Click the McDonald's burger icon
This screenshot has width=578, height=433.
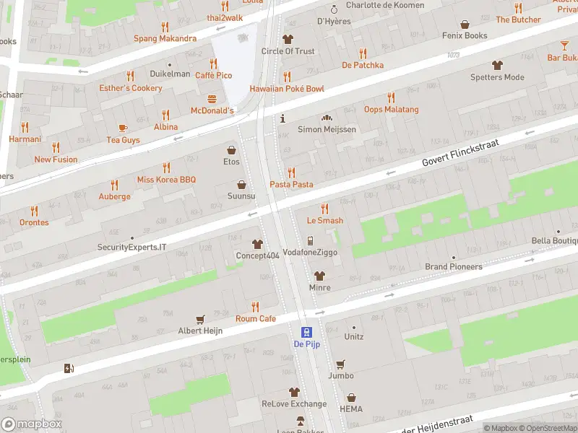[212, 98]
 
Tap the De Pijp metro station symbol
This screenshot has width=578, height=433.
[306, 332]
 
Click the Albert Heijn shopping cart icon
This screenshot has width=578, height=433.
[201, 319]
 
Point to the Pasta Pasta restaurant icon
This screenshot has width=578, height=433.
[291, 172]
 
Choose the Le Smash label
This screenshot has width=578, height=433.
[324, 221]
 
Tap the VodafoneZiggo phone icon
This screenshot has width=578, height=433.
[310, 241]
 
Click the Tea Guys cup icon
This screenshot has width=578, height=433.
[123, 128]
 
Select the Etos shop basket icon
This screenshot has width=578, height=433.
[231, 150]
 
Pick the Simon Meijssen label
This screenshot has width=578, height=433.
[327, 129]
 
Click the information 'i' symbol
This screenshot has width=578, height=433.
[282, 118]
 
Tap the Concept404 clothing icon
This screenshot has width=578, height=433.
[257, 244]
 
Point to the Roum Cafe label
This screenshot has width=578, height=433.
[255, 318]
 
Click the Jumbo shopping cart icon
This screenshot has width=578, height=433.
[340, 364]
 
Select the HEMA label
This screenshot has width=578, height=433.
[351, 409]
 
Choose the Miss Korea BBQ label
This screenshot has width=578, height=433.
[166, 179]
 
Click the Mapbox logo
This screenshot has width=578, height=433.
[31, 424]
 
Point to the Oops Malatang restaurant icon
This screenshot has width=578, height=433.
[391, 97]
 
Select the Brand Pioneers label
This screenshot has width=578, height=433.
[453, 267]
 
